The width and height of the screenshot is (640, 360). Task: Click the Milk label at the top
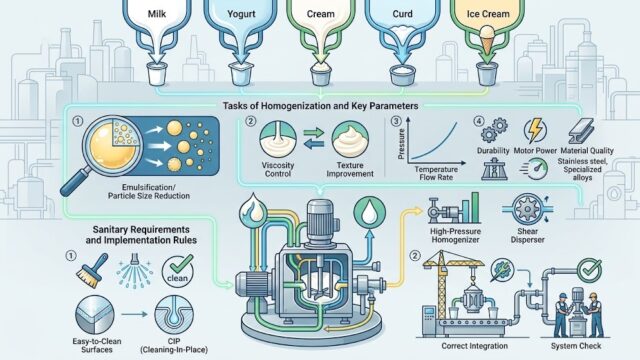tap(157, 14)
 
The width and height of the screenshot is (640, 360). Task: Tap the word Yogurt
tap(241, 14)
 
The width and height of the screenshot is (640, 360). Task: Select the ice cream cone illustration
tap(487, 40)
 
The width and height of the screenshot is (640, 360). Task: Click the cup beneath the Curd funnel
tap(402, 76)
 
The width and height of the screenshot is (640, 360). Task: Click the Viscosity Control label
tap(278, 169)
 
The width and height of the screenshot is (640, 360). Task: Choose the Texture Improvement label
tap(350, 169)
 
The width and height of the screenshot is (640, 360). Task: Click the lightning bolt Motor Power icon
tap(535, 130)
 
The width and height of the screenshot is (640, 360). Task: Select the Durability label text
tap(493, 151)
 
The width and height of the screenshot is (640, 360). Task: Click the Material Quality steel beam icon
tap(581, 131)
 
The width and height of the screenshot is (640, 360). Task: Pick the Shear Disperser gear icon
tap(527, 209)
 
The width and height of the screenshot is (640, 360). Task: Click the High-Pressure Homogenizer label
tap(456, 236)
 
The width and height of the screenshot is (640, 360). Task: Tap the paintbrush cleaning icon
tap(92, 271)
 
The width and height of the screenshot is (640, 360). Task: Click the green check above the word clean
tap(181, 264)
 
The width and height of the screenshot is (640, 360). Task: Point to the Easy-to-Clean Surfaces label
tap(97, 345)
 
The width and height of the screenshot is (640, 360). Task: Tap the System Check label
tap(576, 346)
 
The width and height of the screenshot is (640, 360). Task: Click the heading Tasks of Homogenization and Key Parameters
tap(320, 106)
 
